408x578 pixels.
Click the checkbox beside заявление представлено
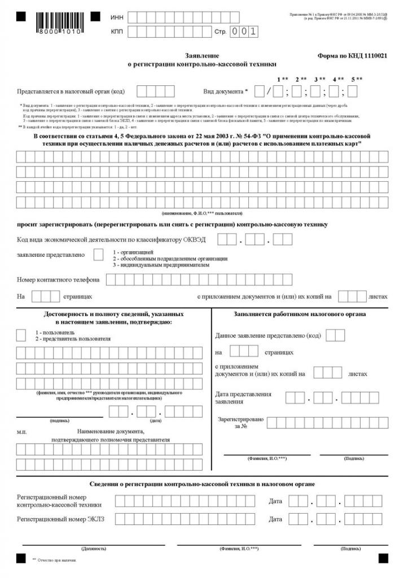tap(98, 255)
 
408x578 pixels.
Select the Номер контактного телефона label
tap(59, 279)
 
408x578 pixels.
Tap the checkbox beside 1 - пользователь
tap(21, 335)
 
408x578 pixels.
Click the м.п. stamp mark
tap(21, 432)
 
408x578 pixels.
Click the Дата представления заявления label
tap(243, 398)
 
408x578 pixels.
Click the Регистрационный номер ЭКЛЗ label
tap(61, 519)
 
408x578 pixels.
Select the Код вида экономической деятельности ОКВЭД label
tap(111, 240)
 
